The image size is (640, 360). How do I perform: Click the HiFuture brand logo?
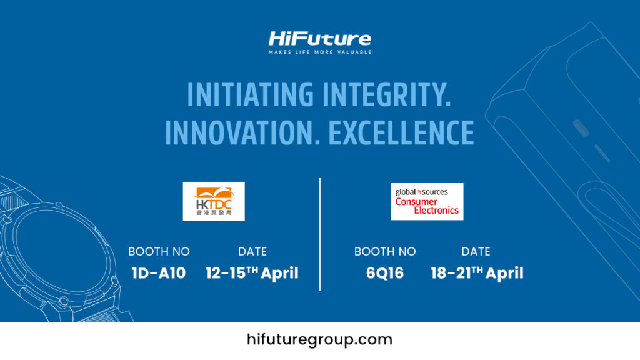320,39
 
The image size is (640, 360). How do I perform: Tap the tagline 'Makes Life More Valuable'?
320,52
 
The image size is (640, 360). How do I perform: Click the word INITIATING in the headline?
250,94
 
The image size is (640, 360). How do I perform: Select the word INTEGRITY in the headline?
386,94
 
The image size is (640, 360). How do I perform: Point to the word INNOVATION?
242,132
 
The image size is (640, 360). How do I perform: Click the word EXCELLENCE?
401,132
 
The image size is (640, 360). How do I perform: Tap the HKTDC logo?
214,201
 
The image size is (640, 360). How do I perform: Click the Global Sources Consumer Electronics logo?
427,201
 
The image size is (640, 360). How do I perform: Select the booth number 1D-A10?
159,273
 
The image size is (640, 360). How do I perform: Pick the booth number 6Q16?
385,273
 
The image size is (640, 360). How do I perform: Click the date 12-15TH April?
252,273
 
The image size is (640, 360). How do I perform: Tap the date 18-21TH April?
477,273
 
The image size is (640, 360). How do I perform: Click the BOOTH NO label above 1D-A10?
159,251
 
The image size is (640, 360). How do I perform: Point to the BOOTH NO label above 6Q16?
385,251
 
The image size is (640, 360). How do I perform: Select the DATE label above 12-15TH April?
252,251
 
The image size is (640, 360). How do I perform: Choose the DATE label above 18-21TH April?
476,251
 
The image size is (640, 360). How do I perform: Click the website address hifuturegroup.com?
319,340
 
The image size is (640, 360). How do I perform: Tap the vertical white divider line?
320,234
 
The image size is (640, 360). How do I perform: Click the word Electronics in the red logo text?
436,211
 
